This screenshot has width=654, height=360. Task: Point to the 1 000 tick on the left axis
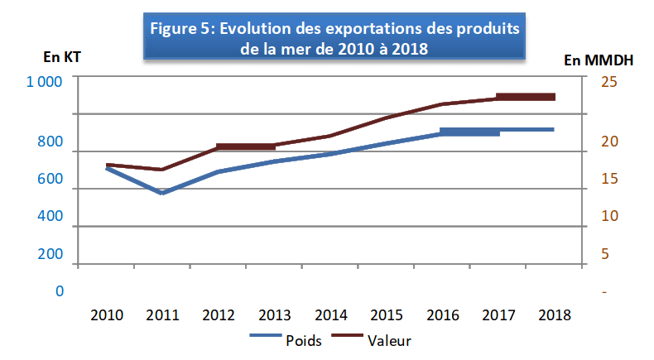pos(44,81)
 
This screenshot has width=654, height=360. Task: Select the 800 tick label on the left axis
pos(50,142)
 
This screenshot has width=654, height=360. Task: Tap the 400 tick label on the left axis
pos(50,217)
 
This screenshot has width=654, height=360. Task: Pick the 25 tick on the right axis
pos(608,81)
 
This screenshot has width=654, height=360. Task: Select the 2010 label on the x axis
pos(107,315)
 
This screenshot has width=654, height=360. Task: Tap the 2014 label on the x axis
pos(330,315)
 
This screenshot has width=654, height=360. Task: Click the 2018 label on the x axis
pos(553,315)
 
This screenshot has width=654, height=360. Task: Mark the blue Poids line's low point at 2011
pos(162,193)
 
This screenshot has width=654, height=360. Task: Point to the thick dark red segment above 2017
pos(525,97)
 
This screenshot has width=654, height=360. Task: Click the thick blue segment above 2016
pos(469,132)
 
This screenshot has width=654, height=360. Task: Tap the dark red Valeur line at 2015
pos(387,118)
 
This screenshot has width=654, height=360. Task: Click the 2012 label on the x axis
pos(219,315)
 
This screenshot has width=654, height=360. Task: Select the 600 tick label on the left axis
pos(50,180)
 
